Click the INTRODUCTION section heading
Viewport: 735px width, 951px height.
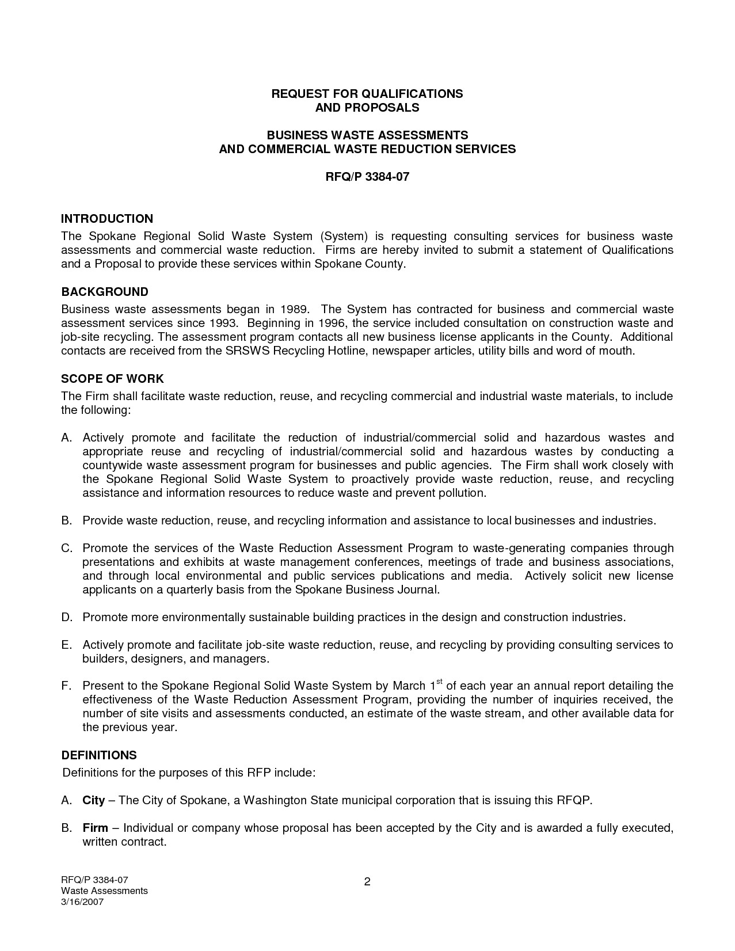(x=107, y=219)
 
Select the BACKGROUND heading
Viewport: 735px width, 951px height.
(x=105, y=292)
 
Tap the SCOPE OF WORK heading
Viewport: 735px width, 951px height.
(x=112, y=379)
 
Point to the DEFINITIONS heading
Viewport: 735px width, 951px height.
(x=99, y=755)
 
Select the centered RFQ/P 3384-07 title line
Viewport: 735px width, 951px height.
(x=367, y=177)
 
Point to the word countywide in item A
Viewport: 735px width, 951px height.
(x=113, y=465)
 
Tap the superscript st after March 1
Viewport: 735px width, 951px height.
(x=439, y=682)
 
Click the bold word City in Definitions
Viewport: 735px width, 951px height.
(x=94, y=800)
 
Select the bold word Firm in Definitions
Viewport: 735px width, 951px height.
(x=96, y=828)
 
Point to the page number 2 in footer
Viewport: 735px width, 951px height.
(x=367, y=882)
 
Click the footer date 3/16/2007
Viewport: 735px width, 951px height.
(x=82, y=902)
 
